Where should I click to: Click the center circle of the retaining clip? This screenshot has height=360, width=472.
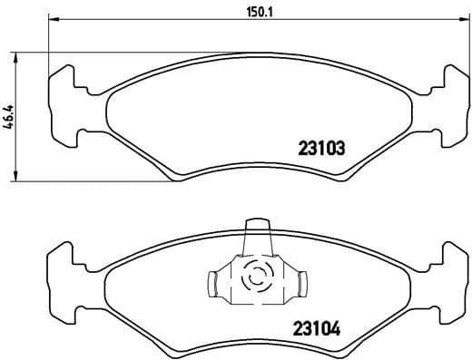(x=255, y=277)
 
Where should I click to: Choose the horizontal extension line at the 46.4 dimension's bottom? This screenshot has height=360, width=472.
(x=91, y=181)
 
